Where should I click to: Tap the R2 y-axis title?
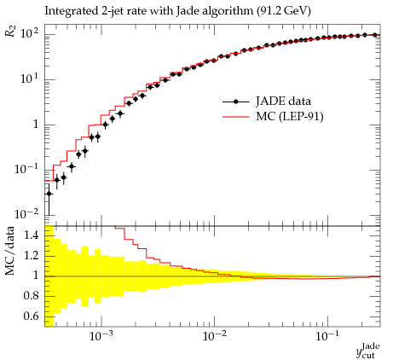click(x=10, y=31)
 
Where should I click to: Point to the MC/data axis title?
click(x=10, y=251)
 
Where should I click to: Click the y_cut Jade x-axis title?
click(x=368, y=351)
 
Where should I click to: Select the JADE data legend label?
click(x=283, y=102)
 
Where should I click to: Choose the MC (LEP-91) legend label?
click(x=290, y=116)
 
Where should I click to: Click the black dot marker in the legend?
click(x=235, y=102)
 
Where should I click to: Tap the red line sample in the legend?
click(x=235, y=117)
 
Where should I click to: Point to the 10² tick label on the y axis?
click(x=30, y=34)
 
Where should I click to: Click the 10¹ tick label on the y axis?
click(x=30, y=78)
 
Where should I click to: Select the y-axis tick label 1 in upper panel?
click(x=36, y=125)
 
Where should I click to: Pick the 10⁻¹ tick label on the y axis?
click(x=26, y=169)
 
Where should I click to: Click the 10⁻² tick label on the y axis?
click(x=26, y=214)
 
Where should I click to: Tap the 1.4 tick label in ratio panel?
click(x=32, y=235)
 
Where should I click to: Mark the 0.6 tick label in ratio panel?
click(x=32, y=316)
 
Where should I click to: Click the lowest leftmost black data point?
click(x=49, y=194)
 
